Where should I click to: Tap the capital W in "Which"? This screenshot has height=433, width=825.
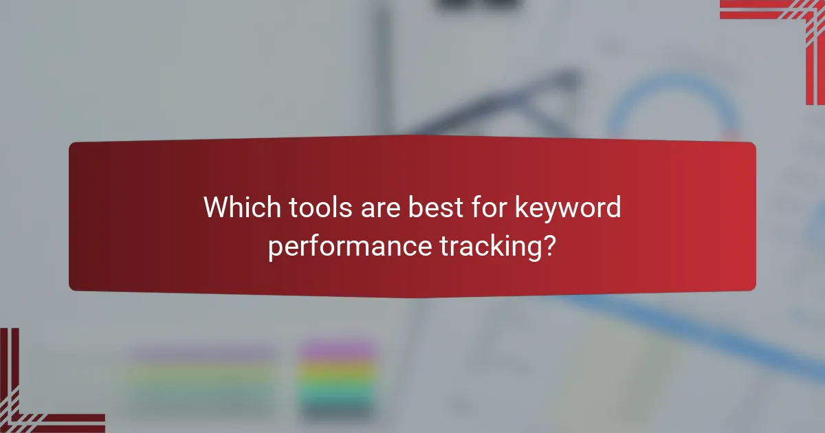215,208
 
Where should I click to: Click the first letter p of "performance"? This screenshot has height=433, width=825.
274,249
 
